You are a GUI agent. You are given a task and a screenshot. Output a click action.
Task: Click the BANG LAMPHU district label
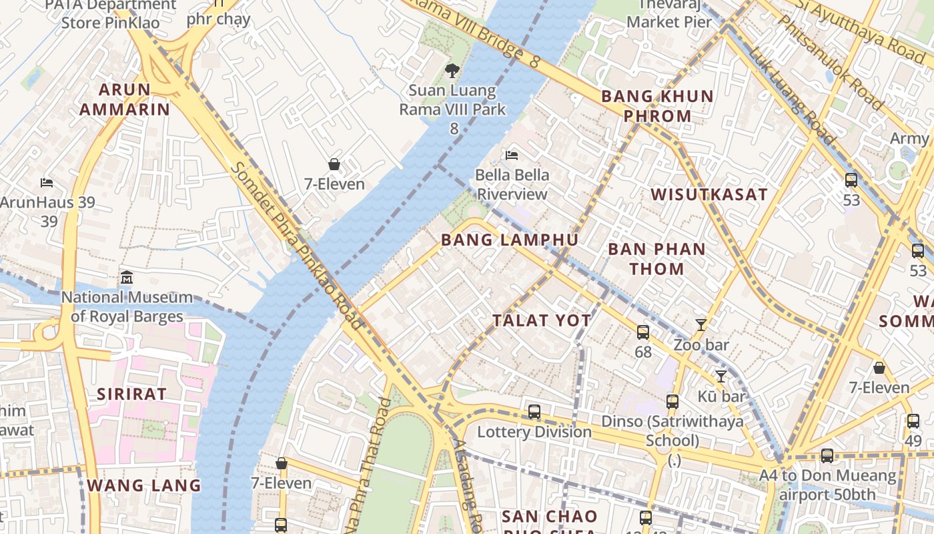click(510, 240)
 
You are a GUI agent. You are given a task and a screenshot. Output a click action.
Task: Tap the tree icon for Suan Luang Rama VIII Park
click(452, 70)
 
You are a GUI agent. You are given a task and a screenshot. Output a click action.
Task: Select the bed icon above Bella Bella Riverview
click(512, 156)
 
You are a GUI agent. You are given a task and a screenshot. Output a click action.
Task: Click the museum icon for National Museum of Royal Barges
click(126, 277)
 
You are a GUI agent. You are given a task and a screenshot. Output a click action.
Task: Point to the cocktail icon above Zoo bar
click(700, 325)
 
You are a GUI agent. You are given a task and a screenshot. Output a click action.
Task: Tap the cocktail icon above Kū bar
click(721, 376)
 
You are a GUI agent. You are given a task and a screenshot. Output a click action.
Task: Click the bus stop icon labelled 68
click(643, 332)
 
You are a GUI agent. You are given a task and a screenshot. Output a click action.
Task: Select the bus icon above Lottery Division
click(534, 412)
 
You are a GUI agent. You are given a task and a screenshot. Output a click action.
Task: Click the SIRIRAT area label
click(131, 394)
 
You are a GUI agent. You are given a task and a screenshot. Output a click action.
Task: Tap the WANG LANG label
click(144, 485)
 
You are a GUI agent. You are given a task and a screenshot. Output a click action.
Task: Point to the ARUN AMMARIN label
click(125, 99)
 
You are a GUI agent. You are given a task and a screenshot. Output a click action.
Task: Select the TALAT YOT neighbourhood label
click(542, 321)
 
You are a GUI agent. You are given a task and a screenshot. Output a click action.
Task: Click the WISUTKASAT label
click(709, 194)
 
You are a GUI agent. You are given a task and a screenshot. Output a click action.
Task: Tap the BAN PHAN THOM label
click(656, 259)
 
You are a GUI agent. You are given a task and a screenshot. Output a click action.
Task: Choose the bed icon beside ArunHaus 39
click(46, 183)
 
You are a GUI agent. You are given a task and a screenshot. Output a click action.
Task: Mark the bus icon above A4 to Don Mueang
click(827, 456)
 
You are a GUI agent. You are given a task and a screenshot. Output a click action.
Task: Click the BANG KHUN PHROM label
click(657, 106)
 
